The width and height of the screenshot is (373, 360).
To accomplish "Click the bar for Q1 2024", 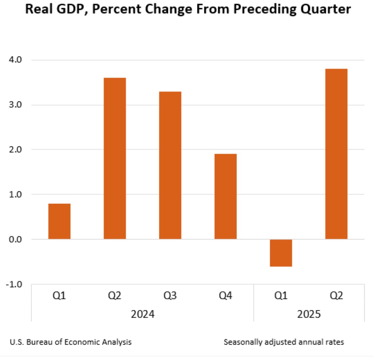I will tap(59, 221).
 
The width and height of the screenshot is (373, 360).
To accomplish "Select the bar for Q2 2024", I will tap(115, 159).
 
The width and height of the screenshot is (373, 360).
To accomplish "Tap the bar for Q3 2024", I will tap(170, 165).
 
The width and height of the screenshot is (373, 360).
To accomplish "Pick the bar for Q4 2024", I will tap(225, 196).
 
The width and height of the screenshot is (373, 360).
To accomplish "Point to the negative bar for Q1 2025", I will tap(281, 253).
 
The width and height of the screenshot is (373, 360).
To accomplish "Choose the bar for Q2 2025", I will tap(336, 154).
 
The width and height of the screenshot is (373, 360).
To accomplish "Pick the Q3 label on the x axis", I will tap(170, 296).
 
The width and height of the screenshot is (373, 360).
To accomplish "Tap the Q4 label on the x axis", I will tap(225, 296).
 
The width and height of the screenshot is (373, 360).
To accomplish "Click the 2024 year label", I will tap(142, 315).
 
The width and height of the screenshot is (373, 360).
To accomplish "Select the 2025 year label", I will tap(309, 315).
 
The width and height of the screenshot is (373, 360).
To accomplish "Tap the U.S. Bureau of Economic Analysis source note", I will tap(71, 343).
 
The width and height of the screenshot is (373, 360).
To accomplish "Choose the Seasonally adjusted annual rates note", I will tap(284, 343).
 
